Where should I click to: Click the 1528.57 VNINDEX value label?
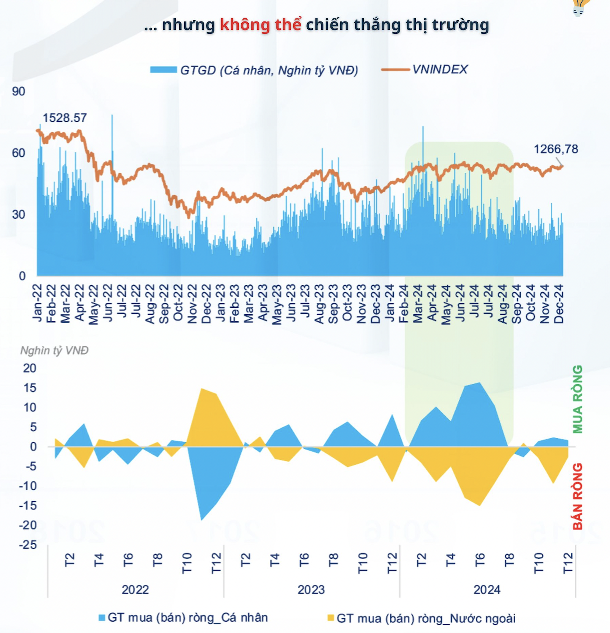tap(65, 118)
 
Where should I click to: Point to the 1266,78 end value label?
tap(556, 149)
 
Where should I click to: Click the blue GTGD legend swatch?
tap(163, 70)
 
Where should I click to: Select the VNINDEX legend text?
tap(440, 69)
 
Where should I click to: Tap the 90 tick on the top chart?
tap(18, 91)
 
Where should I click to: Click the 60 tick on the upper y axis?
tap(18, 153)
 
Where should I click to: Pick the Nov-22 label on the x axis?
tap(192, 304)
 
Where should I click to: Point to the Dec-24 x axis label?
tap(559, 304)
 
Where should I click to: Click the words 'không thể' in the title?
tap(260, 25)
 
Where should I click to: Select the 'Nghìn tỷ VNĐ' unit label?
tap(54, 350)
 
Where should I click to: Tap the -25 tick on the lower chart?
tap(28, 545)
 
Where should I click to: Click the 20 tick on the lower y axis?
tap(29, 368)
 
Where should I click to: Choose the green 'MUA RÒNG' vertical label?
tap(577, 399)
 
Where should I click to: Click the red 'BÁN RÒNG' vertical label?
tap(577, 496)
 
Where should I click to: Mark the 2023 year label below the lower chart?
tap(311, 589)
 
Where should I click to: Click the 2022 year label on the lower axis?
tap(135, 589)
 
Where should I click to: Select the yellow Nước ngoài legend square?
tap(330, 618)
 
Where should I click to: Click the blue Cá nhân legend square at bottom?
tap(102, 618)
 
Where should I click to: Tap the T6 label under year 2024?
tap(480, 560)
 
